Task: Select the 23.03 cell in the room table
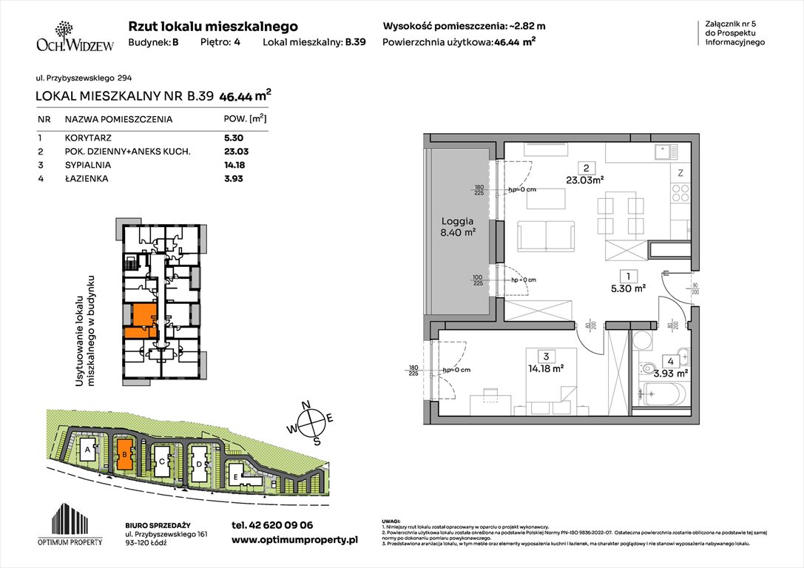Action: (234, 152)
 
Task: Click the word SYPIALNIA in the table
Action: (89, 165)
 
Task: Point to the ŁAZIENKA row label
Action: (87, 178)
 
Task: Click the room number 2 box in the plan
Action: (585, 166)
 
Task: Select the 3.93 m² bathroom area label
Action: (673, 373)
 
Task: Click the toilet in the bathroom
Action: (647, 365)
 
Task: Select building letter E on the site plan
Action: (234, 478)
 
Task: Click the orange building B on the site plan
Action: (125, 453)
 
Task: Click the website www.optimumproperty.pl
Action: (294, 541)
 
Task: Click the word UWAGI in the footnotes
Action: (391, 521)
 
